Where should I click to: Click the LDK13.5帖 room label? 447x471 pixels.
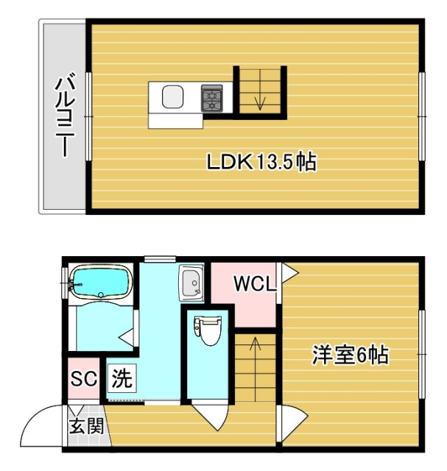point(261,162)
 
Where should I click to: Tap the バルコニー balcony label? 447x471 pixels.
point(63,116)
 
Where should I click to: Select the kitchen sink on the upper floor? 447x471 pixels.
point(172,96)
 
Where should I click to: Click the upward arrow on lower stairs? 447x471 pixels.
point(255,346)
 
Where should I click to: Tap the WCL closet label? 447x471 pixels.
point(255,283)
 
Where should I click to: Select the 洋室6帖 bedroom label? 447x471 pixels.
point(351,355)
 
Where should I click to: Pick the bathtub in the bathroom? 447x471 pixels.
point(100,282)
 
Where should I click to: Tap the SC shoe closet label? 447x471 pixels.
point(84,380)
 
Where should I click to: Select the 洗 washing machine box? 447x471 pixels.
point(122,380)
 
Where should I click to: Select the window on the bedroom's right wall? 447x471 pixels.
point(423,354)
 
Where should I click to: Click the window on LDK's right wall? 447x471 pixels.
point(422,116)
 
